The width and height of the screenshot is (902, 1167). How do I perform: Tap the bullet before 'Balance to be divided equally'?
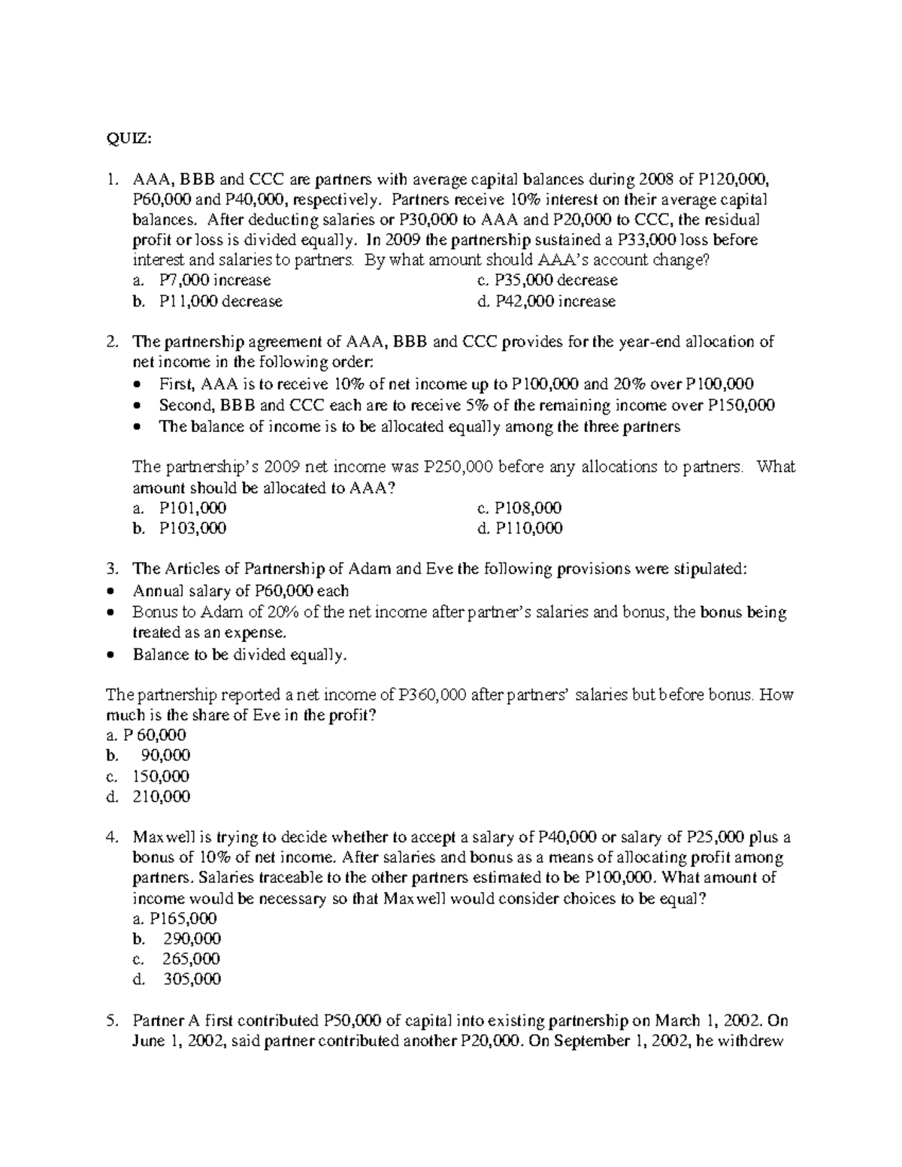pos(110,655)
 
